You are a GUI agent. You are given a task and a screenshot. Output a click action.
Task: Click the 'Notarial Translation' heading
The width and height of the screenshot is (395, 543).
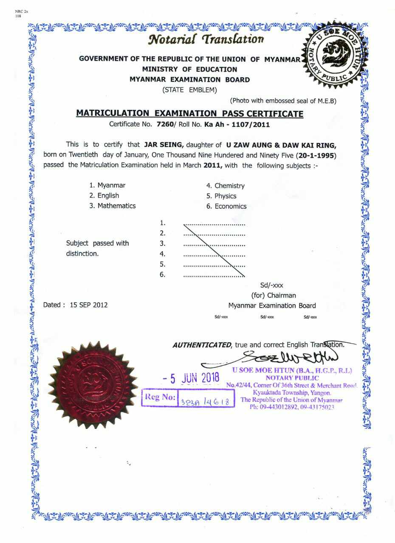click(x=206, y=39)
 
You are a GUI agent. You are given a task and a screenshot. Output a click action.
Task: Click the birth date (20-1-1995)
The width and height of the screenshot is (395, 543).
click(x=317, y=155)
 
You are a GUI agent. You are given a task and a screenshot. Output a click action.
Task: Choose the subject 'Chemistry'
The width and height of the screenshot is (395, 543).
click(x=229, y=186)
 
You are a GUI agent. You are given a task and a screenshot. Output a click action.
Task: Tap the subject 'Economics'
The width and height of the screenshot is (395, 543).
click(x=230, y=206)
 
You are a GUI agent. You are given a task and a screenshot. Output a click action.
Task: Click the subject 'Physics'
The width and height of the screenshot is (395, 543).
click(x=225, y=196)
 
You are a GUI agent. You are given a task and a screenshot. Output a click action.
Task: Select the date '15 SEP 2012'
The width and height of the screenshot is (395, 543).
click(x=89, y=305)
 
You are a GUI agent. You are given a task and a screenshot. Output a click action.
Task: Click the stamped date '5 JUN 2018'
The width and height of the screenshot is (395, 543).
click(x=191, y=378)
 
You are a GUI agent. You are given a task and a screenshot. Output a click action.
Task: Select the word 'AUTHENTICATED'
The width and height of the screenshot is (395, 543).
click(x=202, y=345)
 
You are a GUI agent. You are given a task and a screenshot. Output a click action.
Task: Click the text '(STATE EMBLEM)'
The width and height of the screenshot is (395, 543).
click(x=189, y=90)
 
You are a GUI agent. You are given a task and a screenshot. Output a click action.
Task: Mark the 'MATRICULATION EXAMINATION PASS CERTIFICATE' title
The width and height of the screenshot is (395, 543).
click(x=189, y=114)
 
